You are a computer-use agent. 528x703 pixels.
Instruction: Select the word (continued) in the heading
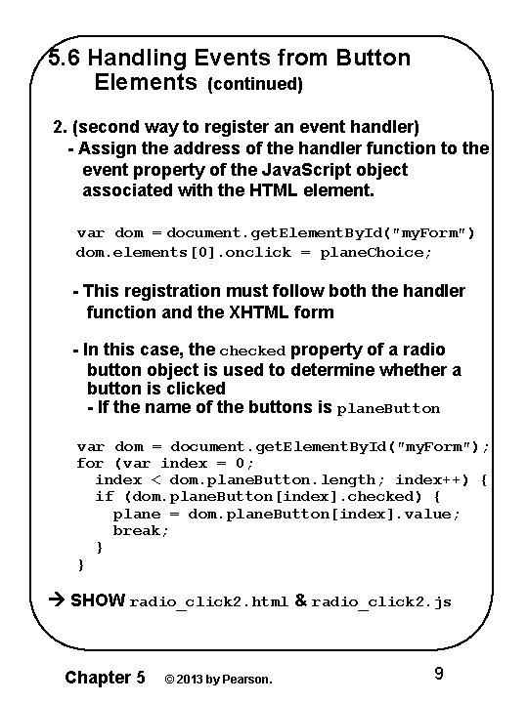tap(255, 85)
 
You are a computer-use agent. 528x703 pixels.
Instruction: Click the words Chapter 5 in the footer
tap(105, 677)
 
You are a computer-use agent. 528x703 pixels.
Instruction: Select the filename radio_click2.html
tap(208, 602)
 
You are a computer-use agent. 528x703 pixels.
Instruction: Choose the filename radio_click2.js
tap(382, 602)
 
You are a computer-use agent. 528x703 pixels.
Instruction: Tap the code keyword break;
tap(141, 531)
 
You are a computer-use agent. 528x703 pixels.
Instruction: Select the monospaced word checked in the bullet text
tap(252, 351)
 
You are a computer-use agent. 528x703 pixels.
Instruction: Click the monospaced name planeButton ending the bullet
tap(388, 408)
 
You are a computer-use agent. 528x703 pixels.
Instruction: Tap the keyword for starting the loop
tap(89, 463)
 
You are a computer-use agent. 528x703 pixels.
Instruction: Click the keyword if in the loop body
tap(104, 497)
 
